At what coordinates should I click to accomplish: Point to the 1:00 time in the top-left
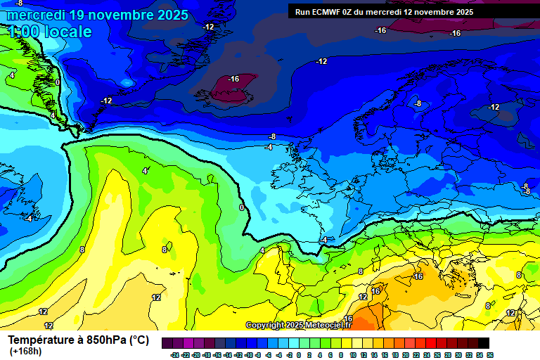point(24,32)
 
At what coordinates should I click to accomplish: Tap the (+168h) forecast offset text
point(25,352)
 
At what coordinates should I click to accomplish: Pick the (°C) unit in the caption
point(139,340)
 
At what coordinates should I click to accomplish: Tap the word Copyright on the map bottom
point(265,326)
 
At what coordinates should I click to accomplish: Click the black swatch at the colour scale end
point(483,343)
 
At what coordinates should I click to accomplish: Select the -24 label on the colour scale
point(174,355)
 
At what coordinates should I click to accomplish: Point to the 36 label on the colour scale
point(489,355)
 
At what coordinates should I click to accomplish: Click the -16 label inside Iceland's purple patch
point(233,79)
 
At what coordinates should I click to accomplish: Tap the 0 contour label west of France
point(242,207)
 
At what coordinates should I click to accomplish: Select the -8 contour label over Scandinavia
point(418,103)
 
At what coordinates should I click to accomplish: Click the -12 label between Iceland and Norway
point(321,62)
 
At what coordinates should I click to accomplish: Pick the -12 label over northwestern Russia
point(494,107)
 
